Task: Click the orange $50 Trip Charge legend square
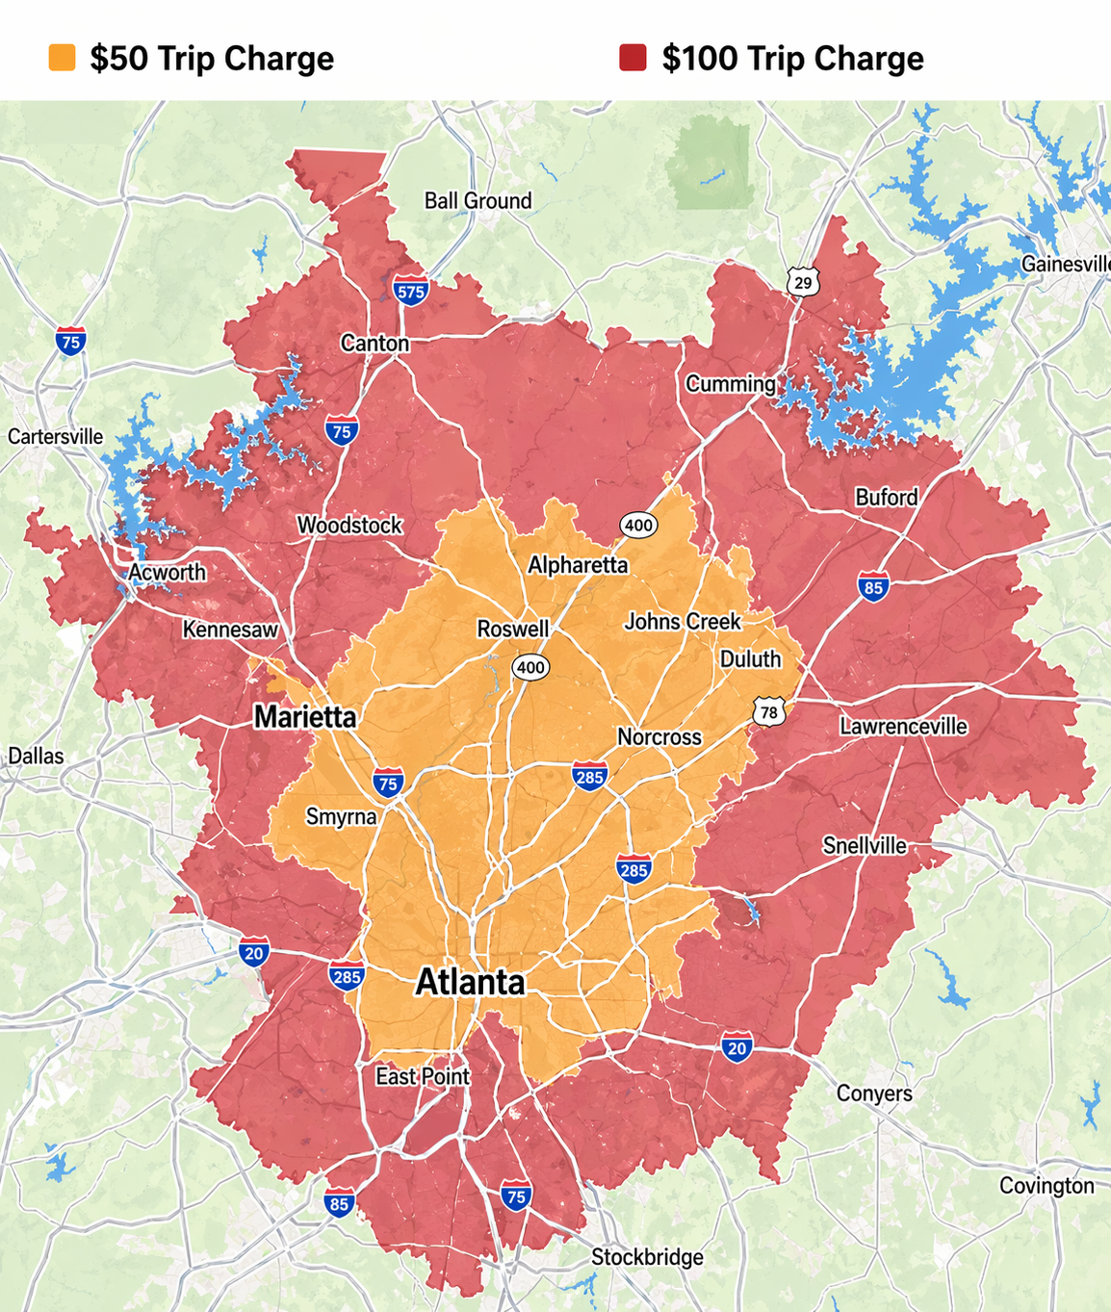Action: pos(62,58)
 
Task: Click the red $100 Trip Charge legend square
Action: pos(633,58)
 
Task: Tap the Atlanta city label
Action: pos(470,983)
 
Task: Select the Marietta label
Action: pos(304,717)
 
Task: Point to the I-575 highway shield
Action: pos(410,291)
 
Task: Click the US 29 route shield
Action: pos(803,282)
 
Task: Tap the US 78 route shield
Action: pos(768,712)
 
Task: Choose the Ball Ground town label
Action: pos(478,201)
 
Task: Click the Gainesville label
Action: pos(1066,264)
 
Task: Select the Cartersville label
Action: pos(55,437)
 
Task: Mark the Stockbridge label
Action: pos(647,1257)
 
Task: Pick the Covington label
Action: pos(1046,1186)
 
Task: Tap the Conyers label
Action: pos(874,1093)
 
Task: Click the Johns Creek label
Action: pos(683,622)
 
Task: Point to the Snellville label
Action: pos(865,846)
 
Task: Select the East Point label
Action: pos(423,1076)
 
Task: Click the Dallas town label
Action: pos(36,756)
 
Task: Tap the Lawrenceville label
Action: pos(903,727)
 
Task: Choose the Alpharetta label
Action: pos(578,565)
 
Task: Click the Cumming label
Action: pos(731,384)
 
